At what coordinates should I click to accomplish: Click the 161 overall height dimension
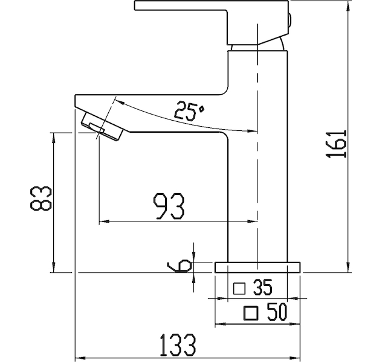(335, 144)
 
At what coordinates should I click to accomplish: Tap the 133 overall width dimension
(178, 345)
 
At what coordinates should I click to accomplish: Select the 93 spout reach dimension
(169, 206)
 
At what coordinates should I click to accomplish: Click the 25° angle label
(189, 110)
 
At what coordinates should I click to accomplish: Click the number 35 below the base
(262, 288)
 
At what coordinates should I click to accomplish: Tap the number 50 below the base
(276, 313)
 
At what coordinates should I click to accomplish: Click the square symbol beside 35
(239, 288)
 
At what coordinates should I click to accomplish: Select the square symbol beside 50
(251, 313)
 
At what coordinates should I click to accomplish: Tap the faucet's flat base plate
(257, 267)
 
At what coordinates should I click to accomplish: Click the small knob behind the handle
(290, 22)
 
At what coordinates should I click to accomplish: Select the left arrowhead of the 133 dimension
(80, 358)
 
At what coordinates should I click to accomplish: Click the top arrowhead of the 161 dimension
(348, 5)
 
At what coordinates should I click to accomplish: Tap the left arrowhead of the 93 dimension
(104, 221)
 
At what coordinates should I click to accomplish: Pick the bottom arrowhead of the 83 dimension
(54, 268)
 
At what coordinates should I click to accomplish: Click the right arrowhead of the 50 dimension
(296, 324)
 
